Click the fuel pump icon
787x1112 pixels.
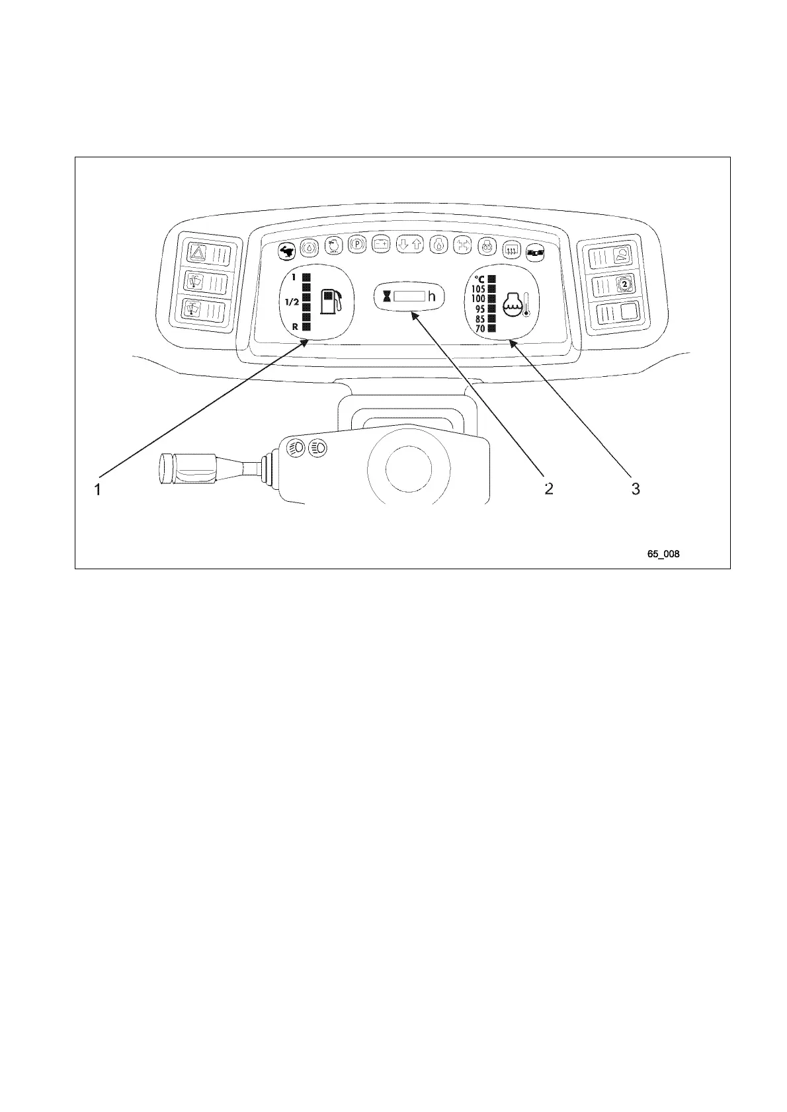coord(331,301)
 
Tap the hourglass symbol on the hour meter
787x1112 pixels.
coord(387,297)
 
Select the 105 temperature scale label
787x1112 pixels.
coord(478,289)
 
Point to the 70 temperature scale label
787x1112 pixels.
coord(480,329)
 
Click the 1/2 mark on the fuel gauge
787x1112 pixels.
coord(292,302)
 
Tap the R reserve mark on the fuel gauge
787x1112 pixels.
coord(295,326)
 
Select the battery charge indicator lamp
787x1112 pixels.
coord(381,244)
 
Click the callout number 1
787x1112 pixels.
coord(98,490)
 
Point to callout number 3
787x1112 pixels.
coord(635,489)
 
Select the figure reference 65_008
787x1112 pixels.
coord(663,554)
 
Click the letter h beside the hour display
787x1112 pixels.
coord(432,297)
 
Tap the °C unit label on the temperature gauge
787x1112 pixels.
coord(479,279)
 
